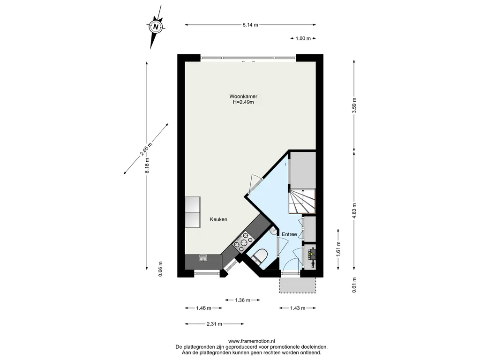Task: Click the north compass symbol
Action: point(156,27)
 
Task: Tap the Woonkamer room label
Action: point(243,97)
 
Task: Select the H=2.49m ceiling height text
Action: point(243,102)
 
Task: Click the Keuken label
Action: point(218,219)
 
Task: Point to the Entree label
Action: point(289,234)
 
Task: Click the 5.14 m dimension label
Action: point(250,25)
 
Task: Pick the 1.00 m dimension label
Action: point(303,38)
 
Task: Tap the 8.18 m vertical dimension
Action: point(147,165)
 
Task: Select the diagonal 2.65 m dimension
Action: point(146,149)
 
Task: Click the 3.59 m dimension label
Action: point(354,105)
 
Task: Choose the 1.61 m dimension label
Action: point(338,249)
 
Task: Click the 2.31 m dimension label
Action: point(214,324)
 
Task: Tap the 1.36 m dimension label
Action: point(242,300)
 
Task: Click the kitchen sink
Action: point(203,258)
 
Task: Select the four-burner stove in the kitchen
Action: point(243,240)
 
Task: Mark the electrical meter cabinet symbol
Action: point(311,255)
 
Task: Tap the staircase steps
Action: point(302,201)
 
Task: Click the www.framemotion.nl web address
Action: point(252,341)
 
